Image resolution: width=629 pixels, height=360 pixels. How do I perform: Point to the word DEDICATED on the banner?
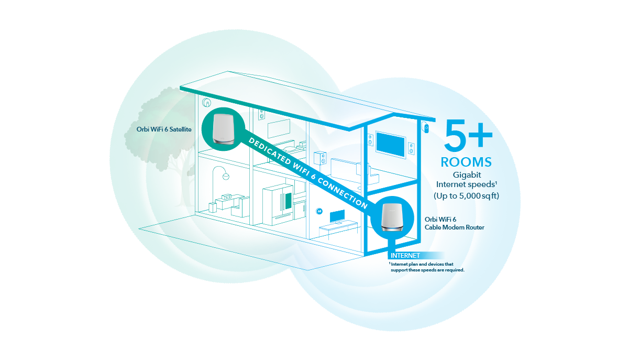[x=267, y=150]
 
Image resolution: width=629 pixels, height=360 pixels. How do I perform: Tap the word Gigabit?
[x=467, y=174]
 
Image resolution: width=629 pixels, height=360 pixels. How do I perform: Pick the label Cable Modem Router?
[x=454, y=227]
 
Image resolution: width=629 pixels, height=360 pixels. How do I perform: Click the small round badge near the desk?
[x=319, y=211]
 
